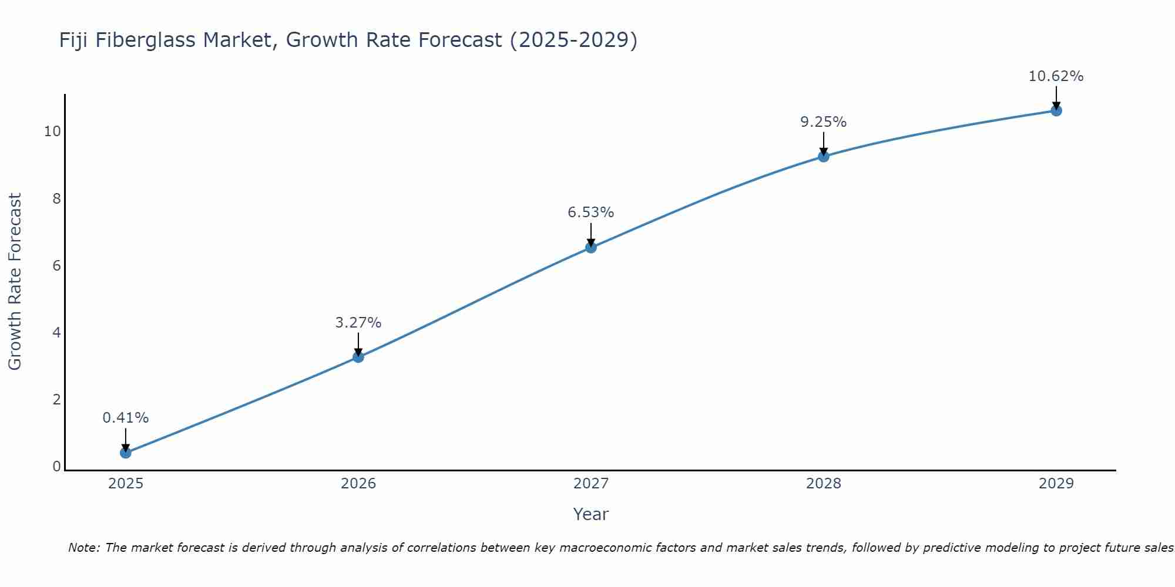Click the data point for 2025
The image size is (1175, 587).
point(126,453)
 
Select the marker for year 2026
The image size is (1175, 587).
point(358,357)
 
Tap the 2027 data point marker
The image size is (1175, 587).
point(591,247)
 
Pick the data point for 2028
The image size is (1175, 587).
point(824,156)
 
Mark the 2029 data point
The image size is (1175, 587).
point(1056,110)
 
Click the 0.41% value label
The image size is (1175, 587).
point(126,418)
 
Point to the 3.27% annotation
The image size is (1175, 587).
point(358,322)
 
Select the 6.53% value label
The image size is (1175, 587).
point(591,212)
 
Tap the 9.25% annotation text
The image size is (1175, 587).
point(824,122)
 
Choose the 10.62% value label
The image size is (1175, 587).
point(1056,76)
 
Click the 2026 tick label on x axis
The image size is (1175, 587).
point(358,484)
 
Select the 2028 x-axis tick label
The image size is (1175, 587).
point(824,484)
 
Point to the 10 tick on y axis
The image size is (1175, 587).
point(52,131)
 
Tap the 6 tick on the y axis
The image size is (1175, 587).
point(56,265)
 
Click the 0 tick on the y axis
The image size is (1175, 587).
point(56,467)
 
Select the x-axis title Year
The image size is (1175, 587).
point(591,514)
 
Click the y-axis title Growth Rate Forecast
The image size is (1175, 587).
point(15,282)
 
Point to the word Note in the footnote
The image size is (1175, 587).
point(83,548)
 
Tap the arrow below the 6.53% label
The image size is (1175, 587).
point(591,234)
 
